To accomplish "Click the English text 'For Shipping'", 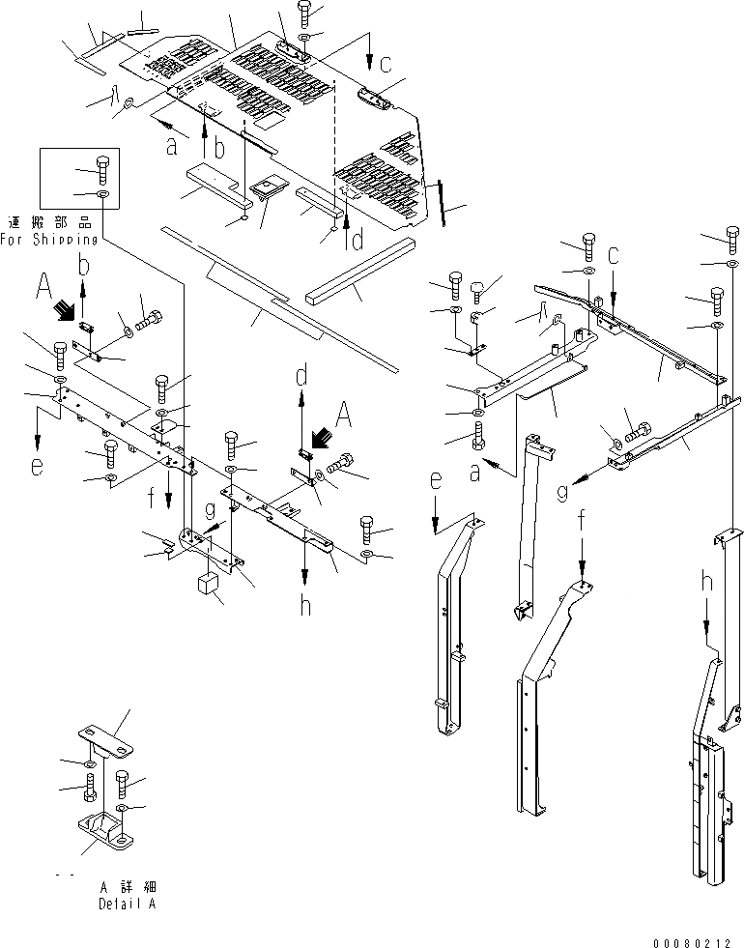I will (x=49, y=239).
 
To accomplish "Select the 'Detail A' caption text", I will (x=125, y=905).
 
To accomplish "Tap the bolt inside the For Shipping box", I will (x=102, y=170).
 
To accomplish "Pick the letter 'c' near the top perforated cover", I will (x=385, y=65).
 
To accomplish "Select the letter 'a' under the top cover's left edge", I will (x=171, y=148).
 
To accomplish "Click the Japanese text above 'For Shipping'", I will (x=49, y=221).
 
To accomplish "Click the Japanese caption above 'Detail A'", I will (x=127, y=886).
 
